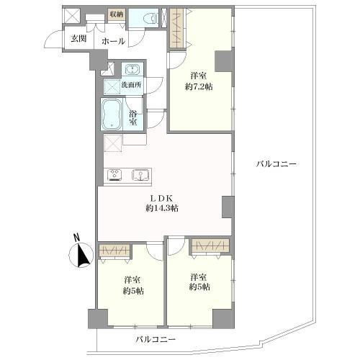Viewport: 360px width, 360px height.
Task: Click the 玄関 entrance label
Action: coord(78,39)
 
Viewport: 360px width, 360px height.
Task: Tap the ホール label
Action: coord(112,41)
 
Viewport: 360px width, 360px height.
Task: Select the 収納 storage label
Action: coord(116,14)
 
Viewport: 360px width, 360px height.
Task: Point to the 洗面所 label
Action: coord(131,86)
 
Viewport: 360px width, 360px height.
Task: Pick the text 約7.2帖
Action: coord(201,86)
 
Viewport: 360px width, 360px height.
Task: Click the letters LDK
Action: coord(161,197)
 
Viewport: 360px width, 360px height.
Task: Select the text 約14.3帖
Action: coord(161,208)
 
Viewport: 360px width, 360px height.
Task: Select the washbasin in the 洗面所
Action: coord(132,70)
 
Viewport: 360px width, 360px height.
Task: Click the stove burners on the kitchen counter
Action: coord(115,174)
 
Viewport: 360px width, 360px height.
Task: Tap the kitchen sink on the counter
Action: coord(140,174)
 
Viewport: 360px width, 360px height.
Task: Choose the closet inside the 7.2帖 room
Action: coord(177,29)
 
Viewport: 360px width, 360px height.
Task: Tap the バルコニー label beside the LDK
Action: coord(276,164)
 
